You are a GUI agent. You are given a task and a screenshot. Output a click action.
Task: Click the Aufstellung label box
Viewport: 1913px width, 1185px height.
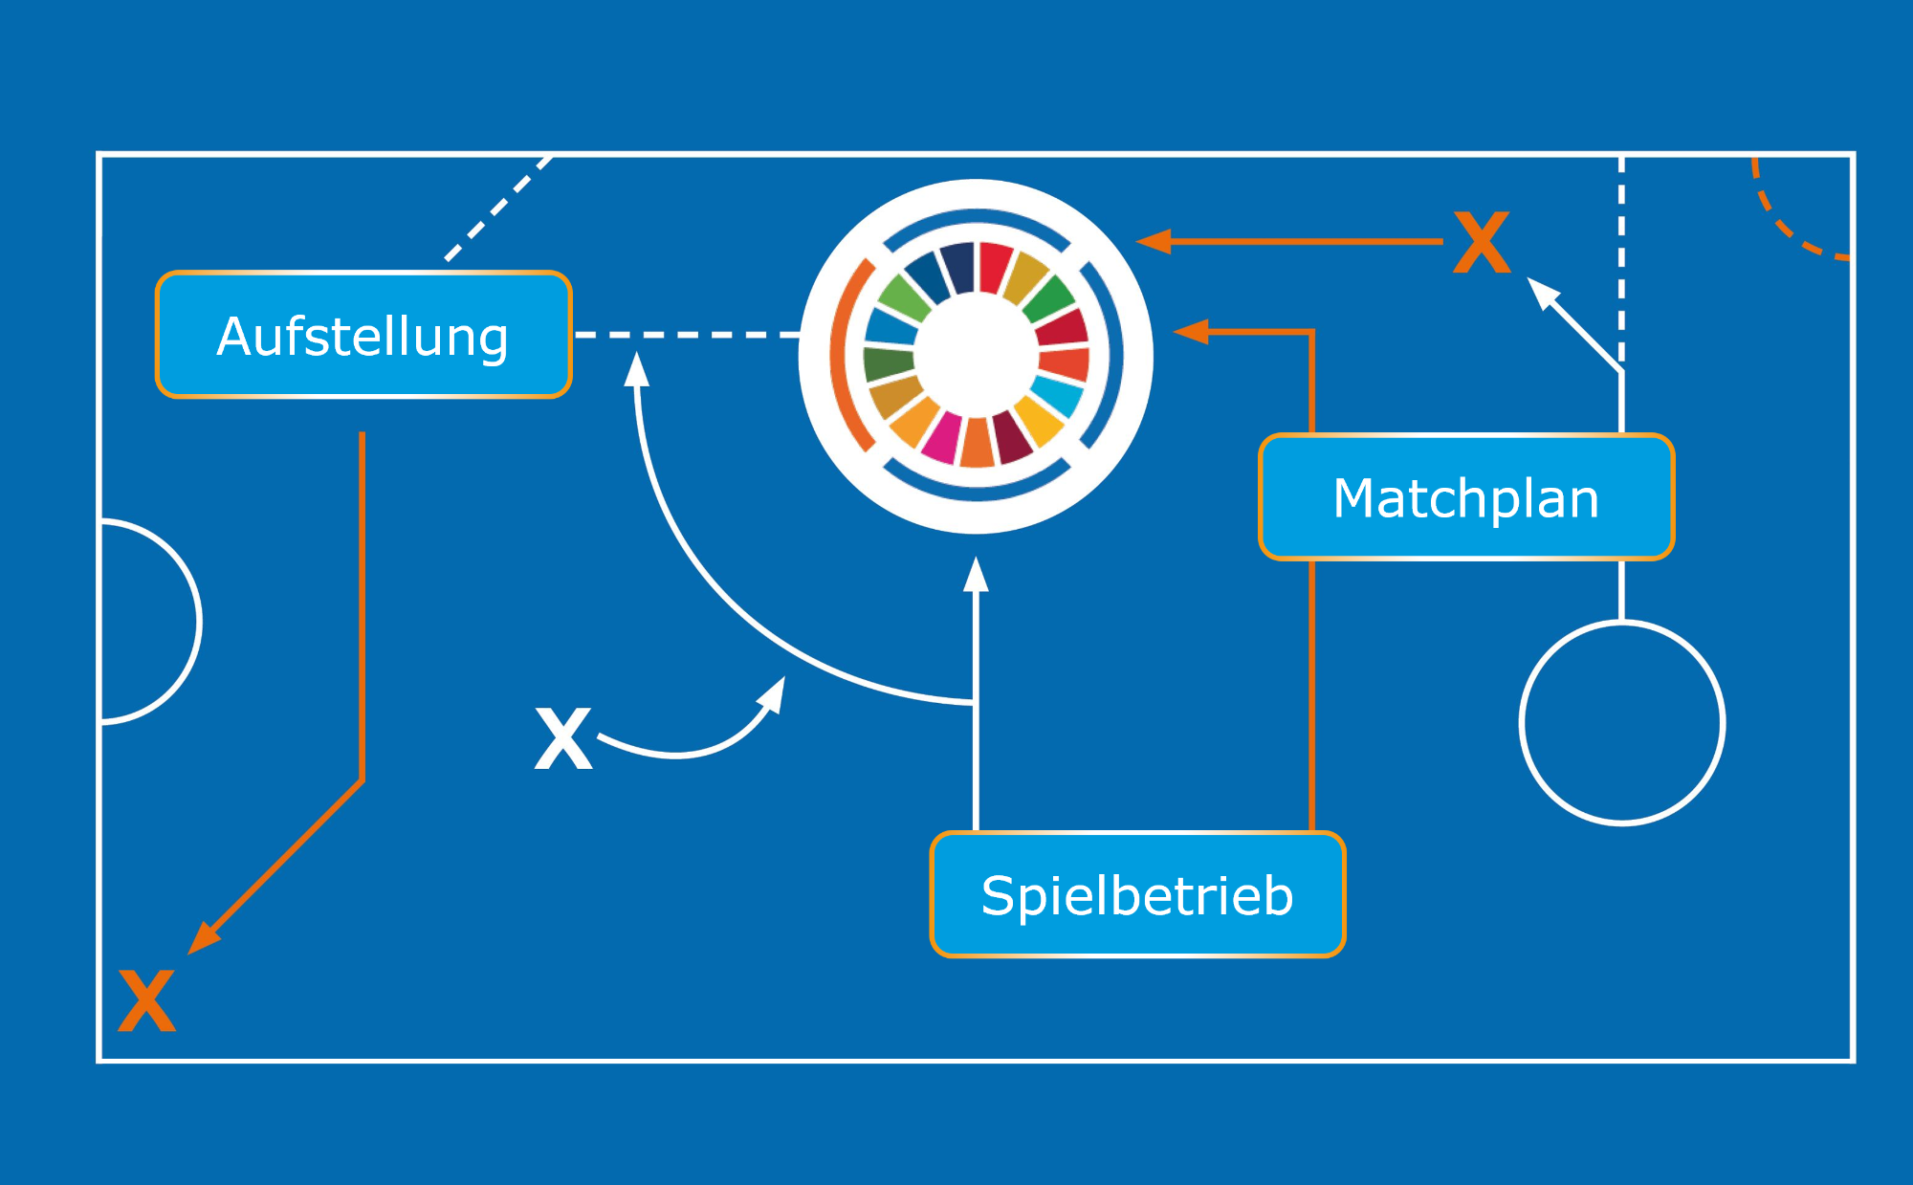363,335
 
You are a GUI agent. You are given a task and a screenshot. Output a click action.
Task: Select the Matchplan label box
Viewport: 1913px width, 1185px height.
1466,497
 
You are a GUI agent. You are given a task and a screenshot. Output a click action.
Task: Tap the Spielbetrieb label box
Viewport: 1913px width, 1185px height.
1137,895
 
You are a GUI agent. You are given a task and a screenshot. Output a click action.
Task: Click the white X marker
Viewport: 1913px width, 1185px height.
563,738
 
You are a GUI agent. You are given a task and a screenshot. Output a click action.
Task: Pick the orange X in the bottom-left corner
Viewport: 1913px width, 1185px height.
146,1000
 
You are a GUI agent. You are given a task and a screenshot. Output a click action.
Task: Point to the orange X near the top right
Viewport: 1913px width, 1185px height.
1482,243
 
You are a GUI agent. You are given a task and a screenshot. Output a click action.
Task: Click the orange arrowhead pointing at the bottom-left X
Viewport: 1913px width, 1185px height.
204,937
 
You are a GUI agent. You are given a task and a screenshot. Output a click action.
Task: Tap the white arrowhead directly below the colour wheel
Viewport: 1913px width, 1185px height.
976,574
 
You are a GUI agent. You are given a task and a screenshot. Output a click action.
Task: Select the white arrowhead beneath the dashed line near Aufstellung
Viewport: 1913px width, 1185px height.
636,369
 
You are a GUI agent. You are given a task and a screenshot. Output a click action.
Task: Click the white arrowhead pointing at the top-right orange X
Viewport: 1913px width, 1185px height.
1543,292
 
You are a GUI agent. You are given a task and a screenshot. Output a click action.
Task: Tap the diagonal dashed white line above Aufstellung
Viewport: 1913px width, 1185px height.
497,208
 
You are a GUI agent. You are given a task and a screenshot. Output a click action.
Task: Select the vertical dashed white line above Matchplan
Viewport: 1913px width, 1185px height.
1621,258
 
